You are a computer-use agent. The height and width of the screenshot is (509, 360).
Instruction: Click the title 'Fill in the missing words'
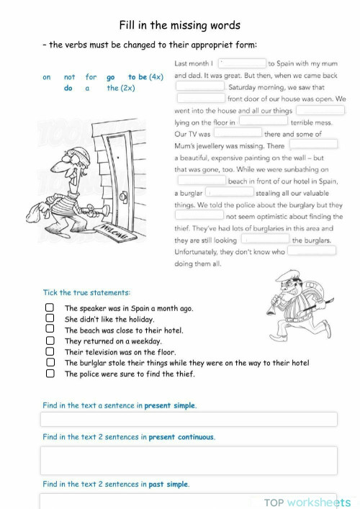[179, 24]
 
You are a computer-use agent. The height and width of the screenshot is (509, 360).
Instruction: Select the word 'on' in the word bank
[47, 77]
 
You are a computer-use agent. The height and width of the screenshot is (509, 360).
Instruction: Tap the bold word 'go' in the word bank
[110, 77]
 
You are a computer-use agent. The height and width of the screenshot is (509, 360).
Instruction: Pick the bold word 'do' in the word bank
[68, 89]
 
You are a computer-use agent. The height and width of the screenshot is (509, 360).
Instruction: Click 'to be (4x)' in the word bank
[145, 77]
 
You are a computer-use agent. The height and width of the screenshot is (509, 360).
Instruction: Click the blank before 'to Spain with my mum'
[243, 63]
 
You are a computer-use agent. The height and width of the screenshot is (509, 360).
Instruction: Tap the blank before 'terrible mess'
[263, 122]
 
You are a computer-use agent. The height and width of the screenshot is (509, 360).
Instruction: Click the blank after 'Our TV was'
[238, 133]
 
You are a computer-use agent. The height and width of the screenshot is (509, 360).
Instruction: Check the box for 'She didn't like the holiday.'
[50, 318]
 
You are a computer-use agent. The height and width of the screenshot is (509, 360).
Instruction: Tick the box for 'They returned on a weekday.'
[50, 341]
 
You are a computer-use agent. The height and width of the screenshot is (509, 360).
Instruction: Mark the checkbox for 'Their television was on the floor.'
[50, 352]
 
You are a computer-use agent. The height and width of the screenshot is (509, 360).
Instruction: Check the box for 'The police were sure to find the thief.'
[50, 374]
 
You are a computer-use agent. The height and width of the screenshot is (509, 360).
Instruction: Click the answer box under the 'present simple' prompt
[189, 420]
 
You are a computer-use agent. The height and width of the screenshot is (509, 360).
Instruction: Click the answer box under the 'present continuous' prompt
[189, 460]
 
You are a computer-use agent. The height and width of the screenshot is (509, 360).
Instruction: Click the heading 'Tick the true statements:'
[86, 293]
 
